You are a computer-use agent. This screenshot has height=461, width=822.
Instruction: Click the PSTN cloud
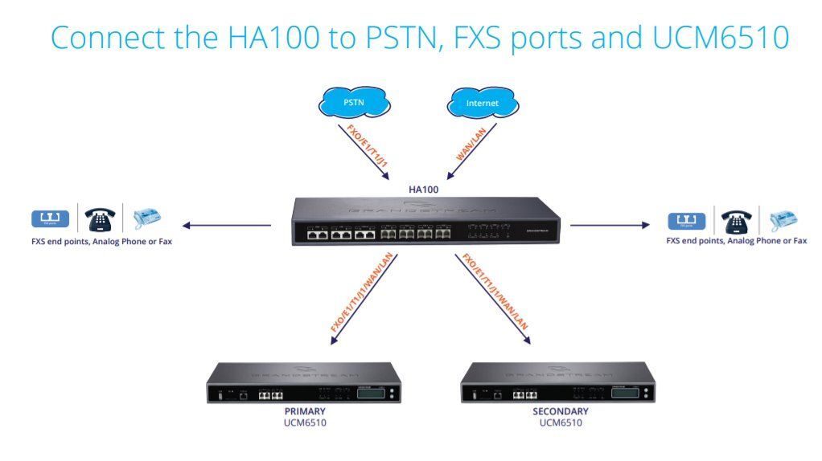point(353,104)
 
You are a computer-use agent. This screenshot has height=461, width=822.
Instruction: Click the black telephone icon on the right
point(736,218)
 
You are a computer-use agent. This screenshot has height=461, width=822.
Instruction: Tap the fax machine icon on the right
point(782,218)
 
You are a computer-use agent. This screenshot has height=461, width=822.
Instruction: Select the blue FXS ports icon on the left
point(50,218)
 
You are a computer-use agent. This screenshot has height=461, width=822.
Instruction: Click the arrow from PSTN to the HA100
point(372,153)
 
